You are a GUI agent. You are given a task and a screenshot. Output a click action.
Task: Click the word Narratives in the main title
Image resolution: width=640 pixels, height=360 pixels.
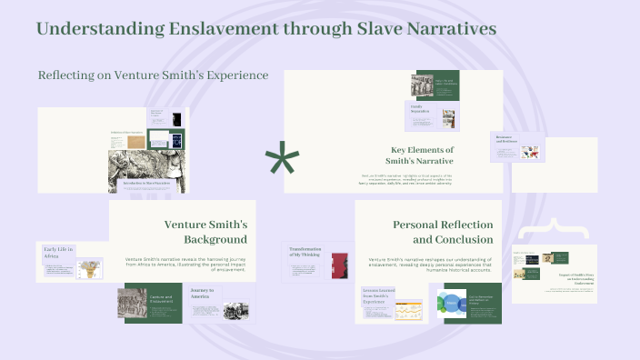tap(443, 29)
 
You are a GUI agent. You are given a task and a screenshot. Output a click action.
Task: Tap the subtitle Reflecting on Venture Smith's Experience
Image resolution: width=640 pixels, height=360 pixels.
tap(153, 75)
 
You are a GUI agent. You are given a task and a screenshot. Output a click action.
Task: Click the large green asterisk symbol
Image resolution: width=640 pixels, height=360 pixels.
tap(282, 161)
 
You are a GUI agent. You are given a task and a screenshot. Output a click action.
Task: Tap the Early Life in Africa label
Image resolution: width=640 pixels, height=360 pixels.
tap(58, 254)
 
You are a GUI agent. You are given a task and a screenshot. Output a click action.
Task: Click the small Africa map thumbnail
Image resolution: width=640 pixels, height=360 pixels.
tap(88, 269)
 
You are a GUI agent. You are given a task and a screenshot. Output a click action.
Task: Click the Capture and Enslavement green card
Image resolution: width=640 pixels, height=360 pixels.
tap(162, 303)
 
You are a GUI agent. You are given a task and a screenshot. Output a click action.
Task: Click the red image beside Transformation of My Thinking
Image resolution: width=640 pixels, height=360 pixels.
tap(339, 267)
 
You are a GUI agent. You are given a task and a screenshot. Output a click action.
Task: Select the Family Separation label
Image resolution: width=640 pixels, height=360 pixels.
tap(420, 111)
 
